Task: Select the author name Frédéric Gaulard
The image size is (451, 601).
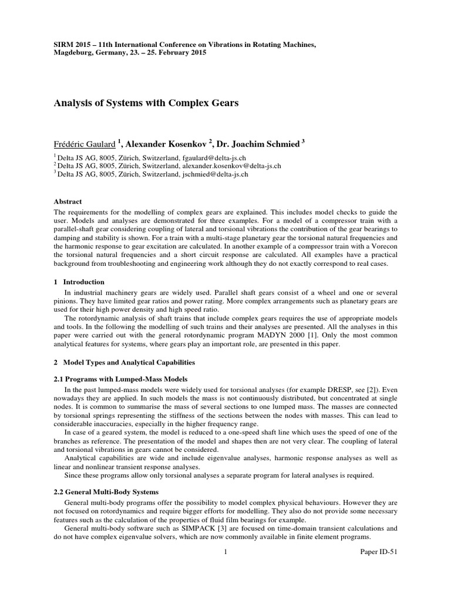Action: coord(83,144)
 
